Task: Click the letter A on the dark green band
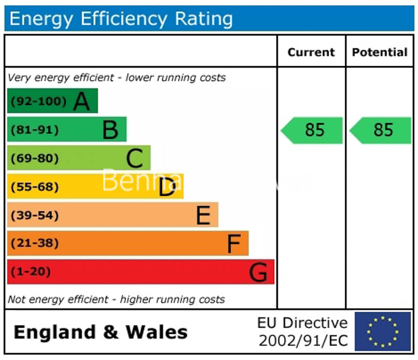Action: click(x=82, y=101)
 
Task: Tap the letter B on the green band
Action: click(x=110, y=130)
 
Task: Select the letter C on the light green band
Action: click(x=134, y=158)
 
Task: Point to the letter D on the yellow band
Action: click(x=167, y=187)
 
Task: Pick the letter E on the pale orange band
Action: click(x=203, y=215)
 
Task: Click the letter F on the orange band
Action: click(x=234, y=244)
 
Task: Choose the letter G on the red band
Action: click(x=258, y=272)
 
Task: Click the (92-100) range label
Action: click(x=39, y=101)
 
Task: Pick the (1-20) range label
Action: click(x=31, y=272)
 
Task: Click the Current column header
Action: click(x=311, y=52)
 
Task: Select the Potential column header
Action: click(x=380, y=52)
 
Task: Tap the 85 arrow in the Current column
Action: click(x=312, y=130)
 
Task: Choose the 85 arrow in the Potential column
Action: click(x=381, y=130)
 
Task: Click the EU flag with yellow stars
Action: click(x=383, y=331)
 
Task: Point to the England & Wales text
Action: click(x=101, y=332)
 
